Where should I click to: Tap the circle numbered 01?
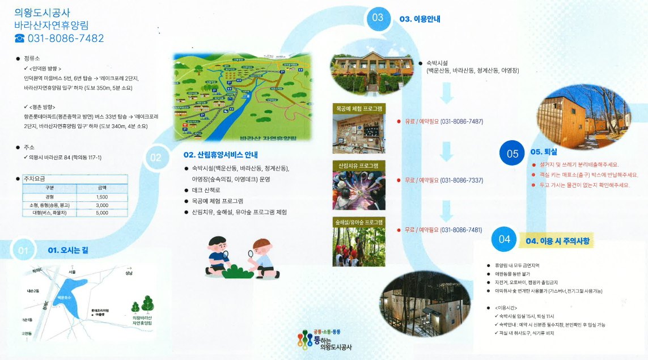pyautogui.click(x=23, y=250)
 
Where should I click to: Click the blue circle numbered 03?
pyautogui.click(x=378, y=18)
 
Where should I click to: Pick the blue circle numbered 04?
pyautogui.click(x=505, y=239)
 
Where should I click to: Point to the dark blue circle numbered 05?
pyautogui.click(x=513, y=153)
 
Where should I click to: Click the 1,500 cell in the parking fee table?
pyautogui.click(x=102, y=197)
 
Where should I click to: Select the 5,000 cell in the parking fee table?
pyautogui.click(x=102, y=213)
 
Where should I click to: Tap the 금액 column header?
pyautogui.click(x=102, y=188)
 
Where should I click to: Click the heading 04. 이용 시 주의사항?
pyautogui.click(x=558, y=241)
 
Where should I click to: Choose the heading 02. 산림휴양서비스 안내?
pyautogui.click(x=221, y=155)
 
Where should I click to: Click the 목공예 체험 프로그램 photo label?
pyautogui.click(x=359, y=108)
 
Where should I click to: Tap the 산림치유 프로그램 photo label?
pyautogui.click(x=358, y=166)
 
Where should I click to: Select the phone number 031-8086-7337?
pyautogui.click(x=461, y=180)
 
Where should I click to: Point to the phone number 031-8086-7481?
pyautogui.click(x=461, y=230)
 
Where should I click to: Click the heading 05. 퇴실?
pyautogui.click(x=544, y=152)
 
